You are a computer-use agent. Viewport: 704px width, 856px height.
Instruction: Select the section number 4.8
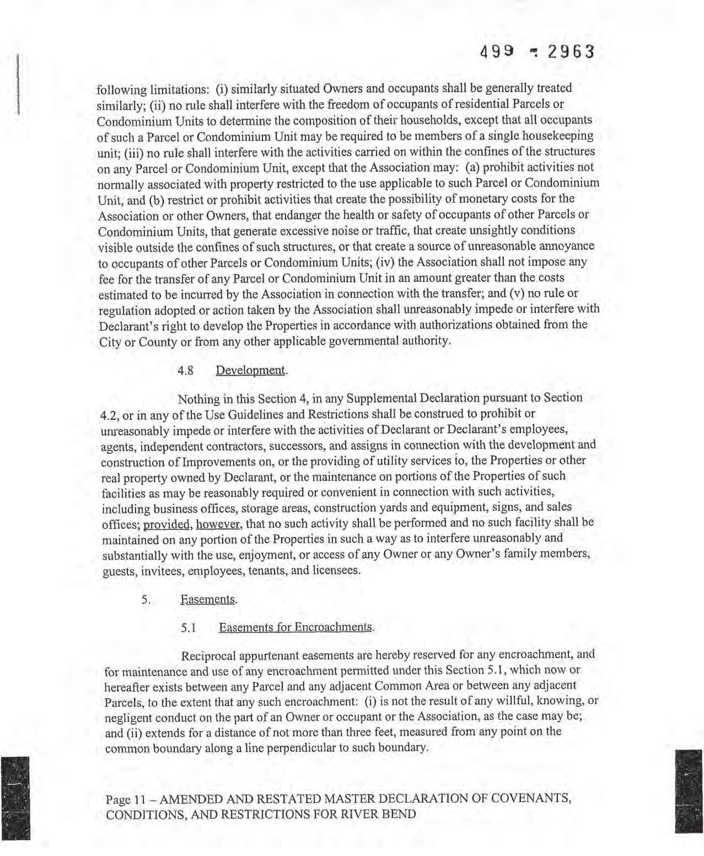pos(185,371)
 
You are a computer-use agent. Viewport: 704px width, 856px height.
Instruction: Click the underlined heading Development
pos(251,370)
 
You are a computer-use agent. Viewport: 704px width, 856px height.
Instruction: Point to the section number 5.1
pos(189,628)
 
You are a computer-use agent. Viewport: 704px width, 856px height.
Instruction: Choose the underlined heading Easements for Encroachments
pos(296,628)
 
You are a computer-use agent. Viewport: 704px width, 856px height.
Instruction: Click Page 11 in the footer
pos(126,799)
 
